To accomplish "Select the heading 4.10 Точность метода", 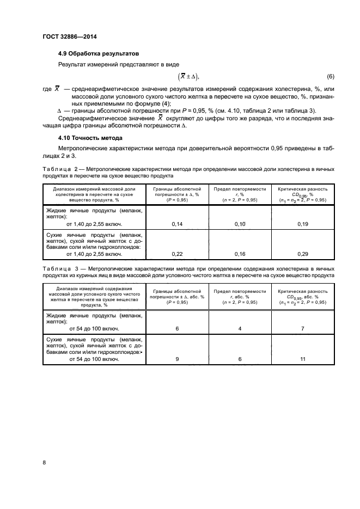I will click(90, 138).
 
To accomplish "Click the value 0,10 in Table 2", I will click(240, 224).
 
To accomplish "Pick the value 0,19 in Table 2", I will click(302, 224).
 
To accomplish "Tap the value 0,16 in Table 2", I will click(240, 254).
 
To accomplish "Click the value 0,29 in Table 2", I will click(302, 254).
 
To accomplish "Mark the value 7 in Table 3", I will click(302, 329).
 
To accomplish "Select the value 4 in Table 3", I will click(240, 329).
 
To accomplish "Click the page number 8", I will click(45, 463).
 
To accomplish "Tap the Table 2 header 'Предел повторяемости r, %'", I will click(240, 194).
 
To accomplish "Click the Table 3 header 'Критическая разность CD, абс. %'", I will click(302, 297).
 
